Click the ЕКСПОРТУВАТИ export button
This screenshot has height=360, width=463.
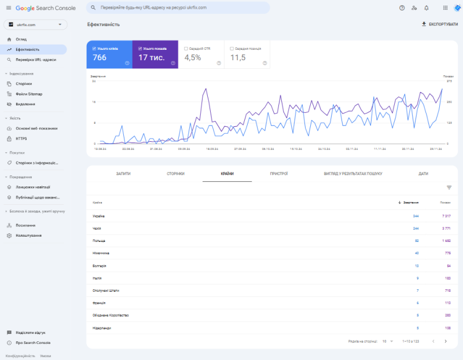[439, 24]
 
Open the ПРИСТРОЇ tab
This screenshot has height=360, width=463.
[278, 174]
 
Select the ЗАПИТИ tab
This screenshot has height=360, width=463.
[123, 174]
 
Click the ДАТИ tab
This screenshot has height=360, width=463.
[423, 174]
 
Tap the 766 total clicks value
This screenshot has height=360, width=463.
[100, 57]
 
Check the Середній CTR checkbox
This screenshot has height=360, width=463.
[186, 49]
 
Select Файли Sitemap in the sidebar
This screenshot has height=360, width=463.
[29, 94]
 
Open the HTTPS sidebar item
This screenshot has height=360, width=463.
[21, 138]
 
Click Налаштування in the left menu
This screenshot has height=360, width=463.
[28, 236]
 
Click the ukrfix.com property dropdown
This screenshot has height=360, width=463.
[35, 24]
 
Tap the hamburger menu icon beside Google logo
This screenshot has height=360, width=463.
[8, 8]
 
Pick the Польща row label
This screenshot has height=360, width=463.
[99, 240]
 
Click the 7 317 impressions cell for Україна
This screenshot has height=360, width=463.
[446, 216]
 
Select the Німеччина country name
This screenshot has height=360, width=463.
[101, 253]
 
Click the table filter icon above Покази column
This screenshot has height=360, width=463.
[449, 188]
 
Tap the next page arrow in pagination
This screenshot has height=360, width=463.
[445, 341]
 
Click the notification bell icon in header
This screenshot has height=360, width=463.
[427, 8]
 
